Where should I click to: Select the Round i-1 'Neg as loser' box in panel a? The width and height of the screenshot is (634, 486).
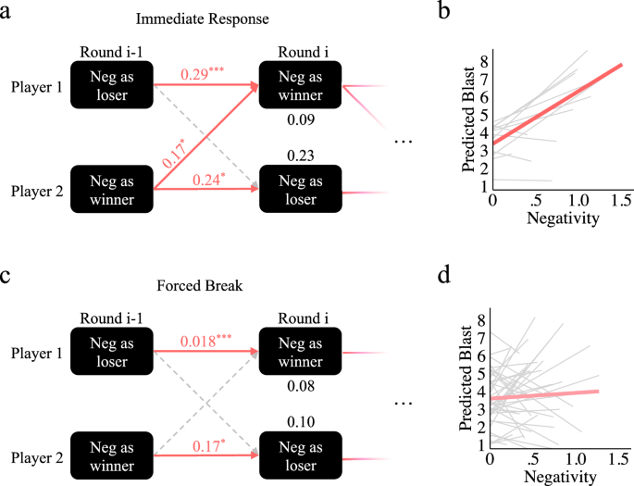tap(113, 85)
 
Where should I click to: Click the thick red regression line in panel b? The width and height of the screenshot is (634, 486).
tap(556, 104)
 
